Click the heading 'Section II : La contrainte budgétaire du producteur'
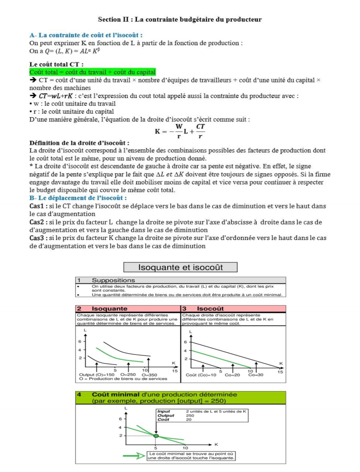(x=180, y=19)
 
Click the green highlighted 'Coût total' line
(x=92, y=72)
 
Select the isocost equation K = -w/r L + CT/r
(x=180, y=132)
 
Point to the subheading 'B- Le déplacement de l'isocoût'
(x=78, y=198)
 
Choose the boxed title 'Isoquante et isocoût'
(x=180, y=267)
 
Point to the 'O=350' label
(x=149, y=374)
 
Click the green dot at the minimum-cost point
(x=156, y=436)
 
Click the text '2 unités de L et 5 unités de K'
(x=216, y=411)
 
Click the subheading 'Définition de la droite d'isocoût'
(x=80, y=143)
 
